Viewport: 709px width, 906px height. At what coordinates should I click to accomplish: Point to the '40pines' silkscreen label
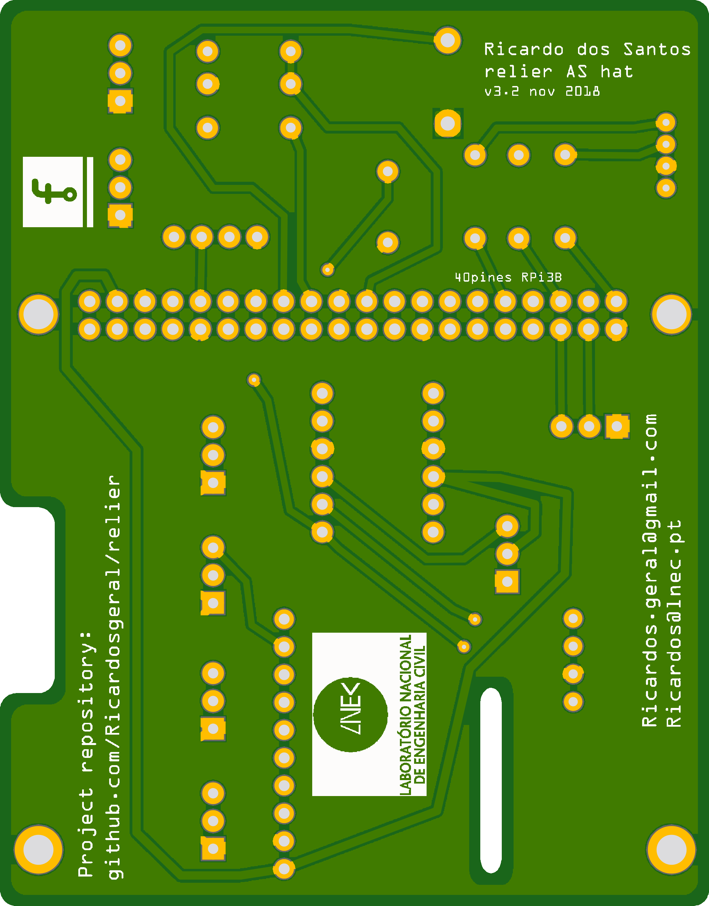pos(483,277)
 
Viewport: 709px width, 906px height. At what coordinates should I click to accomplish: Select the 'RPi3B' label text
pos(541,277)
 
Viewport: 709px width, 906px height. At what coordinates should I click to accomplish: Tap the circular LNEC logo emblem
pos(350,715)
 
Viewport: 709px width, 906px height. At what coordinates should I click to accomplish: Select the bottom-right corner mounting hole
pos(671,849)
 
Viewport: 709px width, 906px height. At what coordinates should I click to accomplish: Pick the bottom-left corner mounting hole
pos(38,849)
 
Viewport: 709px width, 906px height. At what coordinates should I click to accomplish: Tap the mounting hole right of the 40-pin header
pos(671,314)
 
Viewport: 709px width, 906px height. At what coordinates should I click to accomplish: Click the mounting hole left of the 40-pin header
pos(38,314)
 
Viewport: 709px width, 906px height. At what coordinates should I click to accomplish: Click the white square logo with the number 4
pos(53,192)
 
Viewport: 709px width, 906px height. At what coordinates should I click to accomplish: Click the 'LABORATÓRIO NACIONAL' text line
pos(405,715)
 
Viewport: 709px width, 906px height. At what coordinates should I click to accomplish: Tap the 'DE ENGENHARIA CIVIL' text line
pos(420,715)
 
